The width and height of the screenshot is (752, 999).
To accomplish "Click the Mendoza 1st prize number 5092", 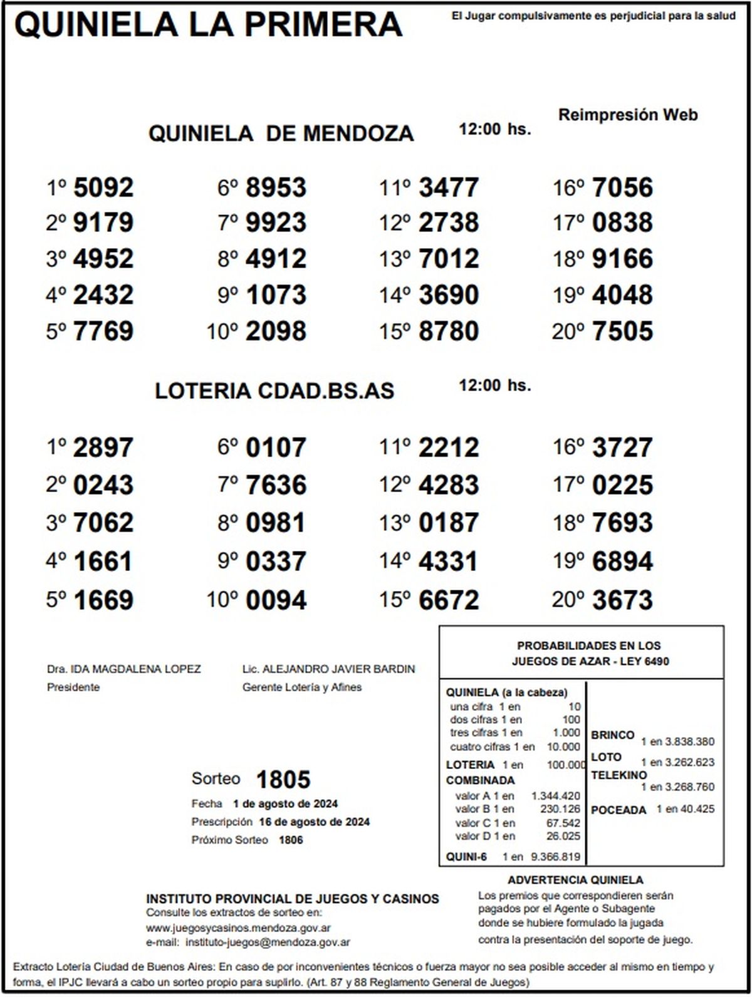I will [x=103, y=187].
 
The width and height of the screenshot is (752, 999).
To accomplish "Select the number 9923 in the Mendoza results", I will [x=276, y=222].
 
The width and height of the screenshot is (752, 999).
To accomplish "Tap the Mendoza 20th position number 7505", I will [x=622, y=331].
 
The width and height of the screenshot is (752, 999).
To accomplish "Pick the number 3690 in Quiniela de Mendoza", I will [x=449, y=295].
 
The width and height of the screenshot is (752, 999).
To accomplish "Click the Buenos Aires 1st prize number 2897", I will [x=103, y=447].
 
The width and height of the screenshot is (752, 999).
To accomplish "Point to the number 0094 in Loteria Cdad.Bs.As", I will [x=276, y=600].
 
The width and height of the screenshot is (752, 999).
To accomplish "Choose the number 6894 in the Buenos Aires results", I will [x=622, y=561].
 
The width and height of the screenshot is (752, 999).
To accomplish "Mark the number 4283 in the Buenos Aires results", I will [x=449, y=485].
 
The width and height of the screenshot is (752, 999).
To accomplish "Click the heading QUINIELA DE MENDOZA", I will [x=281, y=133].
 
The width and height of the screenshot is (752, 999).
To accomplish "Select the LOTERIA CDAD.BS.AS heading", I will [x=274, y=390].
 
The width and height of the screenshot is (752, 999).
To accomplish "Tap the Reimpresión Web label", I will [x=627, y=115].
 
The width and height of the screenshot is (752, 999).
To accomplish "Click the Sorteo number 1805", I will [x=283, y=780].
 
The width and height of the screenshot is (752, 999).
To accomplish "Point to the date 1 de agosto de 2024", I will [x=285, y=804].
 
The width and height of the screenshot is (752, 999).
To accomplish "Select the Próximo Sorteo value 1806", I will [x=291, y=840].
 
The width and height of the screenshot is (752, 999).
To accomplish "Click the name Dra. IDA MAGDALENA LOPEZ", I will [x=124, y=669].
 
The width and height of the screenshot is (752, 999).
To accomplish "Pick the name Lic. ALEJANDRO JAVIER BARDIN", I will [x=328, y=669].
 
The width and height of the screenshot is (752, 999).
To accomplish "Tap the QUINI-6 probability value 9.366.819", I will [x=555, y=857].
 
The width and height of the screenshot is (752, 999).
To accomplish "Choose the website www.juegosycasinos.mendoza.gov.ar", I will [x=238, y=928].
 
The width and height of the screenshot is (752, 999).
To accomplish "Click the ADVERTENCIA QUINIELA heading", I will [x=575, y=880].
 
